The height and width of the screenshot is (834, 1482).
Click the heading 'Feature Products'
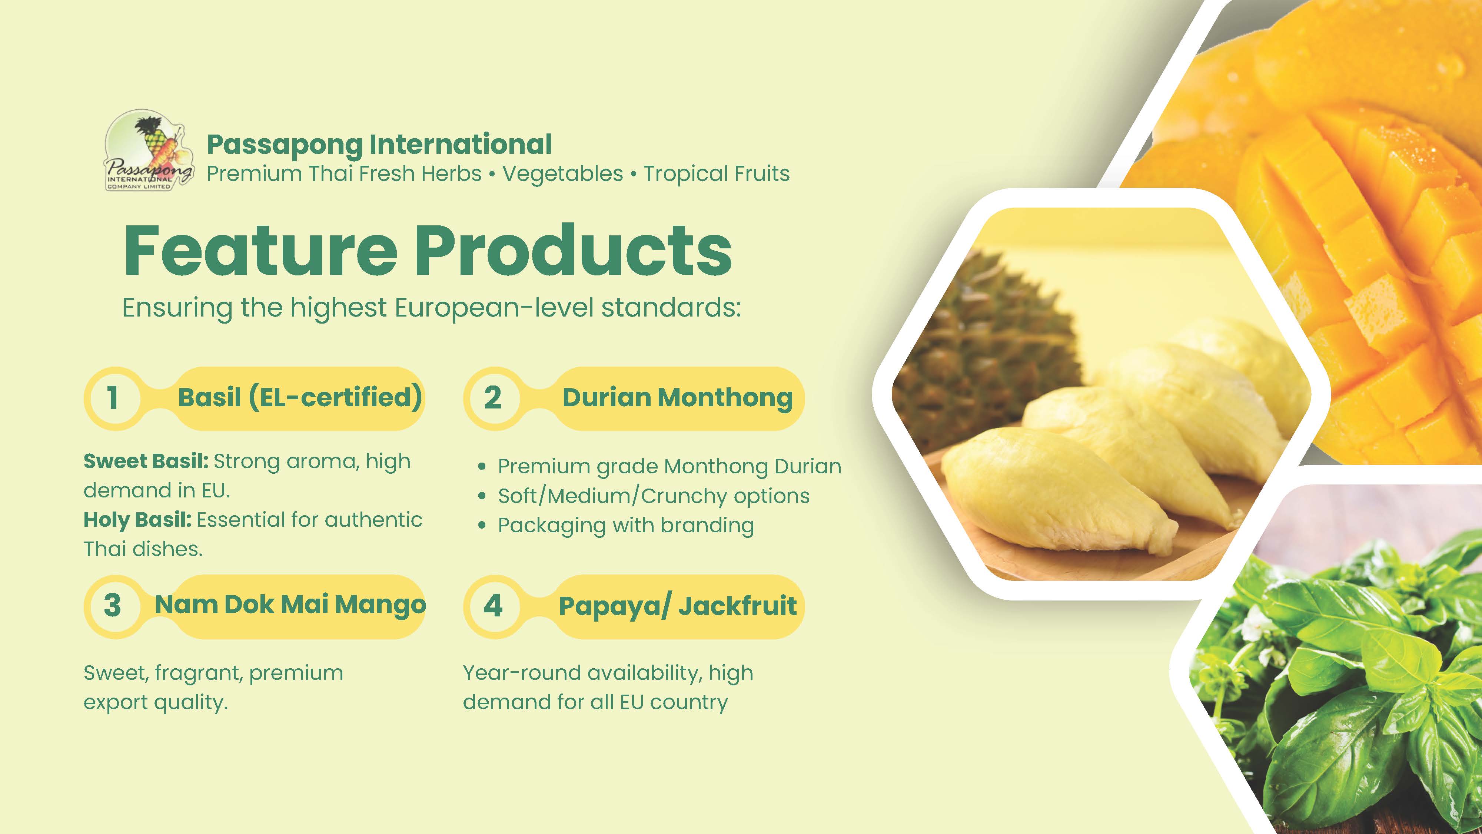[x=428, y=250]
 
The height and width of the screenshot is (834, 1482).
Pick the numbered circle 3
[x=113, y=606]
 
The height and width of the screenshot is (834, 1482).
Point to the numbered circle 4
[x=492, y=606]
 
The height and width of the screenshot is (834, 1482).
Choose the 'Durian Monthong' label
[x=677, y=397]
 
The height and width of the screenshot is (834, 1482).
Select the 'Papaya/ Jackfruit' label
[x=678, y=606]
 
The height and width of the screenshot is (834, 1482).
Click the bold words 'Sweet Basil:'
[x=146, y=461]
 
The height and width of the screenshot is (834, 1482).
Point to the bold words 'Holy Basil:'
[x=137, y=520]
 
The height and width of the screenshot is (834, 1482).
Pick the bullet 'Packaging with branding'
[x=626, y=526]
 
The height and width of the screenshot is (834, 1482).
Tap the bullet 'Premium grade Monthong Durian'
[x=669, y=467]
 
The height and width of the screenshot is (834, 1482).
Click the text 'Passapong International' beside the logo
[x=379, y=145]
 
